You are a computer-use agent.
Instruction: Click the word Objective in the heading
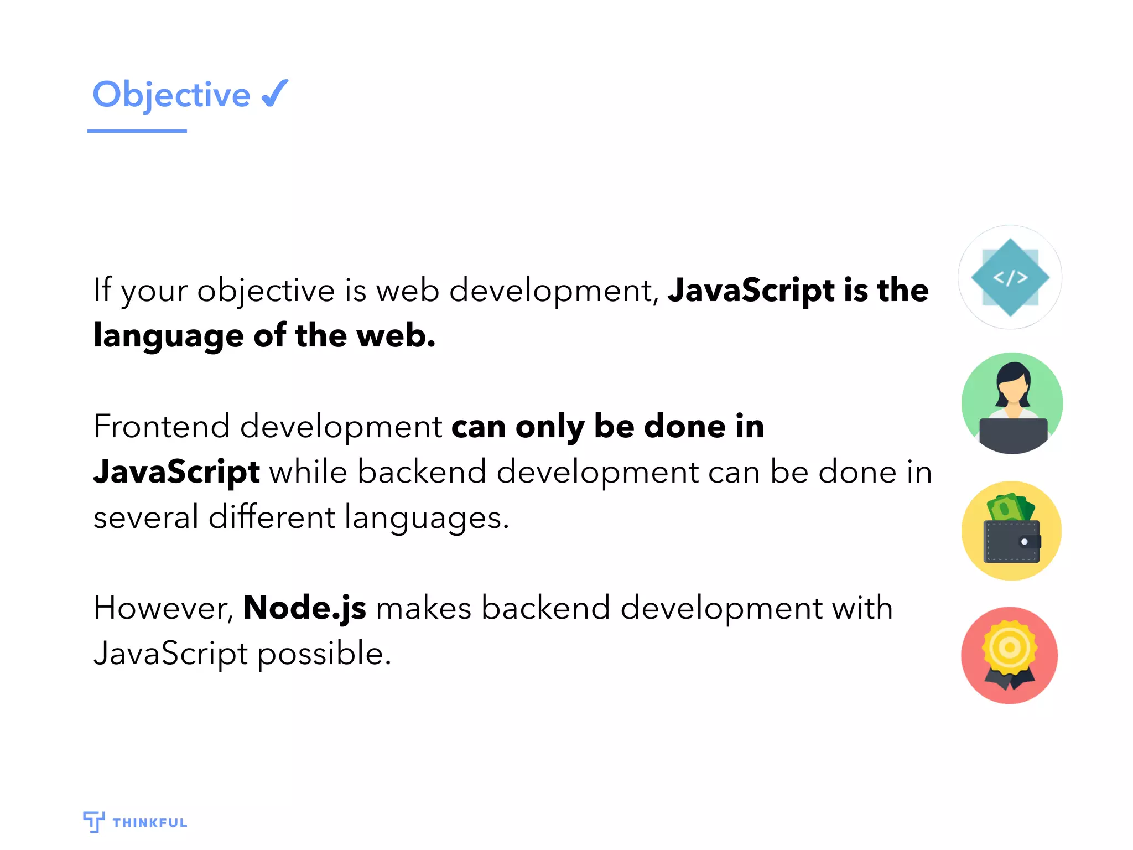[171, 95]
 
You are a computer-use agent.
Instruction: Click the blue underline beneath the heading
[137, 131]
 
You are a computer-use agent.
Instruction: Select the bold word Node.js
[304, 608]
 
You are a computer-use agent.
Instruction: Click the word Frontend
[162, 427]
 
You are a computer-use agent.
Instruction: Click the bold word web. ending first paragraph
[396, 335]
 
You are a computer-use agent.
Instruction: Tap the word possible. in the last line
[324, 654]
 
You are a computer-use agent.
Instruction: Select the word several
[146, 517]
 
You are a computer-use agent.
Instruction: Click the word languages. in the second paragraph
[426, 519]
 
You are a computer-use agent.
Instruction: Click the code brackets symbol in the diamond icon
[1010, 277]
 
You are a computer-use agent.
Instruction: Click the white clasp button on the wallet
[1024, 542]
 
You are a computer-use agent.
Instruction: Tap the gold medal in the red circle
[1010, 647]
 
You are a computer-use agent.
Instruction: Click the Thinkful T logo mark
[93, 822]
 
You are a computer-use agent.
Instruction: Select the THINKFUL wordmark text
[150, 823]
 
